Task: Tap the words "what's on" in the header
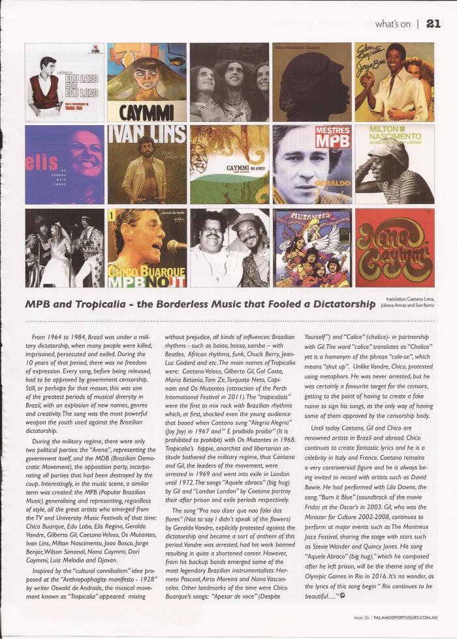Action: coord(393,24)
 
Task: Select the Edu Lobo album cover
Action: coord(65,82)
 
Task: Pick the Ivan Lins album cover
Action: coord(146,164)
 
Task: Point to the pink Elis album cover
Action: coord(65,164)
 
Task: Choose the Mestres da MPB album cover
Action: coord(311,164)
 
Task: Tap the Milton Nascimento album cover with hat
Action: coord(394,164)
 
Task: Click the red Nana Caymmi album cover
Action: coord(394,248)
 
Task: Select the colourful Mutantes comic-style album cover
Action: coord(311,248)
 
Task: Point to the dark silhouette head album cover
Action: coord(311,82)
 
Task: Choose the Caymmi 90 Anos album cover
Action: coord(229,164)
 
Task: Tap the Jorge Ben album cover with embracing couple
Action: coord(394,82)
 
